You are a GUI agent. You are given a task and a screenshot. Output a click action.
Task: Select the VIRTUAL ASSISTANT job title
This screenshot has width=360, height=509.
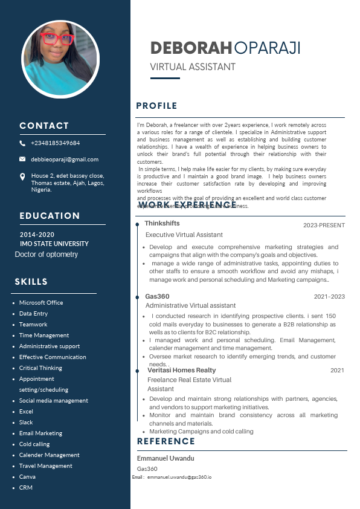coord(193,66)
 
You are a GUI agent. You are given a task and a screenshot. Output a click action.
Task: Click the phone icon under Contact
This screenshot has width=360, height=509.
coord(22,143)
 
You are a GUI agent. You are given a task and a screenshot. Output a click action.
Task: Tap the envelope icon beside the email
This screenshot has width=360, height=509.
coord(22,159)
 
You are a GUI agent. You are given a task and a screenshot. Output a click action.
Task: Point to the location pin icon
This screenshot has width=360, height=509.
coord(22,177)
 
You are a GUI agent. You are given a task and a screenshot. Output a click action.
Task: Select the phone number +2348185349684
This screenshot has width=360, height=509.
coord(56,143)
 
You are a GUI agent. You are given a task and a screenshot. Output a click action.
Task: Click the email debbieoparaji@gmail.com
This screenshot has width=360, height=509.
coord(65,159)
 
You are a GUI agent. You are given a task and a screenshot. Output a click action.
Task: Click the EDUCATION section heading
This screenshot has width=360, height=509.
coord(50,216)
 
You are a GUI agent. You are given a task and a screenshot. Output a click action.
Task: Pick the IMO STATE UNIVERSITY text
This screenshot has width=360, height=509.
coord(54,244)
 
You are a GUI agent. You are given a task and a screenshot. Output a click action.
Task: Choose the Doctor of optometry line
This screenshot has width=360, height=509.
coord(47,254)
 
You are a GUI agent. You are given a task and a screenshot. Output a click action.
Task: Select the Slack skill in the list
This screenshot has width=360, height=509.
coord(26,423)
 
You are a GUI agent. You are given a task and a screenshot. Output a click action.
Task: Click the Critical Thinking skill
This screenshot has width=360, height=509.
coord(40,368)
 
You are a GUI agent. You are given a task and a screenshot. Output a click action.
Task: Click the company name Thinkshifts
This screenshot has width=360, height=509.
coord(161,224)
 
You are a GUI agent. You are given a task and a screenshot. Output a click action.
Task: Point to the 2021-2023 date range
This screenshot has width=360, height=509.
coord(329,297)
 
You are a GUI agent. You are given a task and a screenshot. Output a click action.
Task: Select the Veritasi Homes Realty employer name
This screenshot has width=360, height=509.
coord(182,370)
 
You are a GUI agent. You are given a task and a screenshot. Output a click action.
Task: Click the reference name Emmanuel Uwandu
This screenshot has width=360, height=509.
coord(166,458)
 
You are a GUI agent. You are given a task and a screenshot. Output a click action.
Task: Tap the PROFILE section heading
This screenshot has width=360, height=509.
coord(156,106)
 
